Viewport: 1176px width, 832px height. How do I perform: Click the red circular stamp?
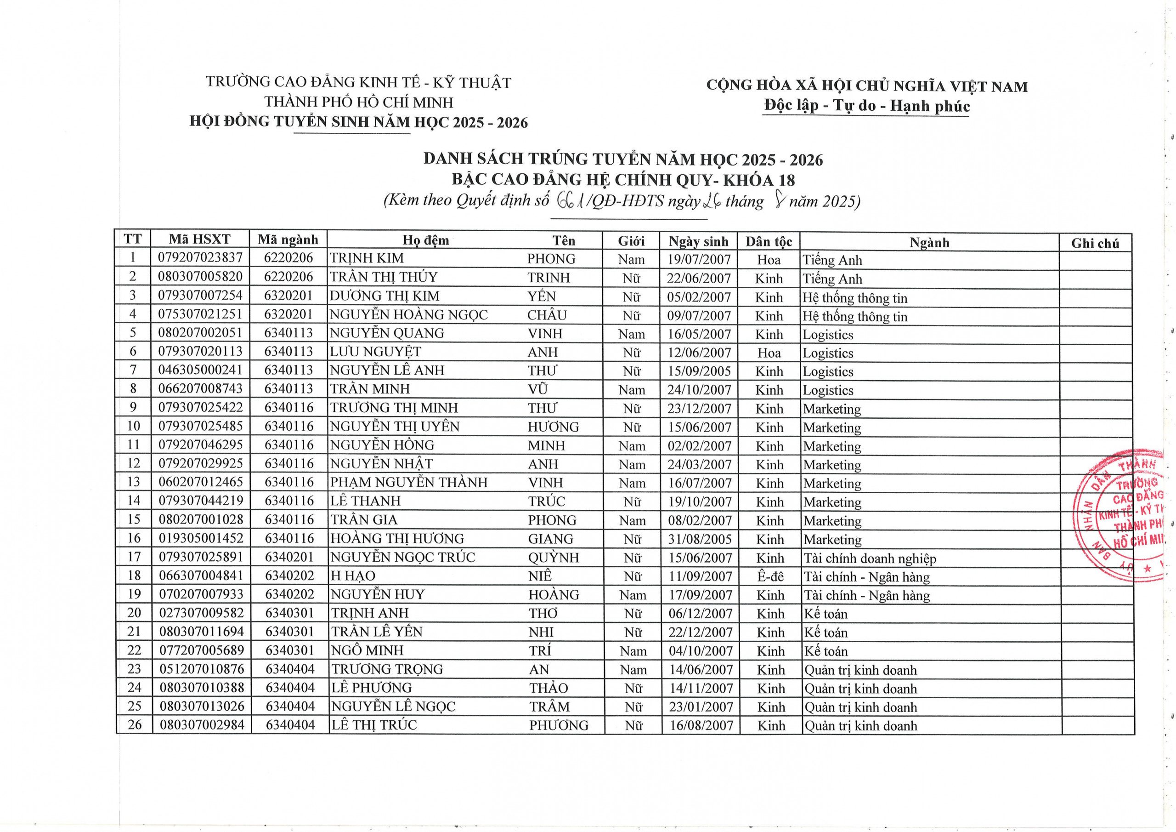(x=1127, y=515)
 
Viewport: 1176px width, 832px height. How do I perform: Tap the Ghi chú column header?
(x=1095, y=243)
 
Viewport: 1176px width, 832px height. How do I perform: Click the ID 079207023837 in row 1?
(x=200, y=258)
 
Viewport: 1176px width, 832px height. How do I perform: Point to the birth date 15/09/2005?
(x=699, y=371)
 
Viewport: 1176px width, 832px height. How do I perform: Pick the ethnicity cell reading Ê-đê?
(x=770, y=576)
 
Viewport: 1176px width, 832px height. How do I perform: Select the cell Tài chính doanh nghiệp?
(x=870, y=558)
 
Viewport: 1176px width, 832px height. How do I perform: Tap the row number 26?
(x=134, y=725)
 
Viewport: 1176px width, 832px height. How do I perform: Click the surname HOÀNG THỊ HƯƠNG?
(x=397, y=539)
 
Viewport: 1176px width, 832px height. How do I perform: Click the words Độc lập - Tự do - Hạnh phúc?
(x=867, y=106)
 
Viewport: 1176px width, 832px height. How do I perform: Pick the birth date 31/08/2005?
(x=700, y=539)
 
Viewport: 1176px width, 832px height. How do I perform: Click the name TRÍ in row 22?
(x=540, y=650)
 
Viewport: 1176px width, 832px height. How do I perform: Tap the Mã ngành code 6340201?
(x=289, y=557)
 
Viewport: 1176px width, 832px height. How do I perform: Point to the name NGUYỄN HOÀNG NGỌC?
(x=409, y=314)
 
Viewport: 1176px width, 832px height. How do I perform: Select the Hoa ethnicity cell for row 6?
(x=769, y=353)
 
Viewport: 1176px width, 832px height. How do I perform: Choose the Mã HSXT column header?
(x=200, y=239)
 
